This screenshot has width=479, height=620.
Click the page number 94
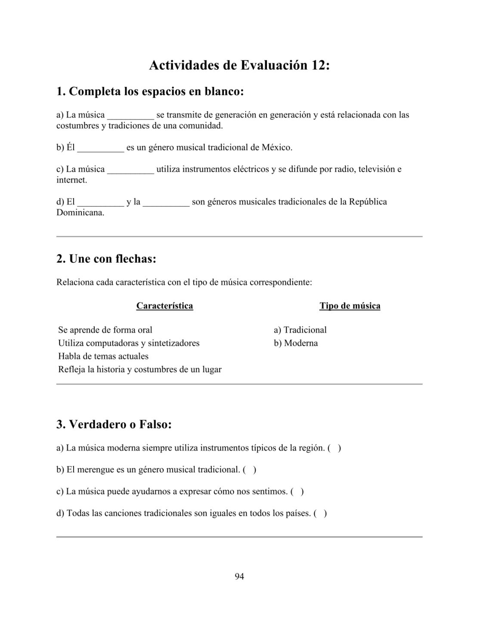(239, 577)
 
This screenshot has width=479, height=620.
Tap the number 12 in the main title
(317, 65)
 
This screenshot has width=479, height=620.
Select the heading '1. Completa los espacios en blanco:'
(150, 92)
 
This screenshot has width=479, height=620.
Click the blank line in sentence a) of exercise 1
(130, 115)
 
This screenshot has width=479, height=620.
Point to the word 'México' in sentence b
(276, 148)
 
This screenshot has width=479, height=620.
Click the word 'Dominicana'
(80, 213)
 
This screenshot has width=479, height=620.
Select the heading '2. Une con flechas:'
(106, 259)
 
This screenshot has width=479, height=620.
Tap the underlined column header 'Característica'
(164, 306)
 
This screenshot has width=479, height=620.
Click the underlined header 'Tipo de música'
(349, 306)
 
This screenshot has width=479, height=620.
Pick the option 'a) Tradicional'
(300, 330)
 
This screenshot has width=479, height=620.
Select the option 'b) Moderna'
(296, 343)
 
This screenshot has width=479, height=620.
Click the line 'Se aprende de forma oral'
(105, 330)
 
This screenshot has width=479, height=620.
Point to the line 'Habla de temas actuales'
(103, 356)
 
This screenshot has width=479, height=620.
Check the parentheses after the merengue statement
(250, 470)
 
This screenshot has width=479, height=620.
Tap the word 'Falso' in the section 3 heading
(153, 425)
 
